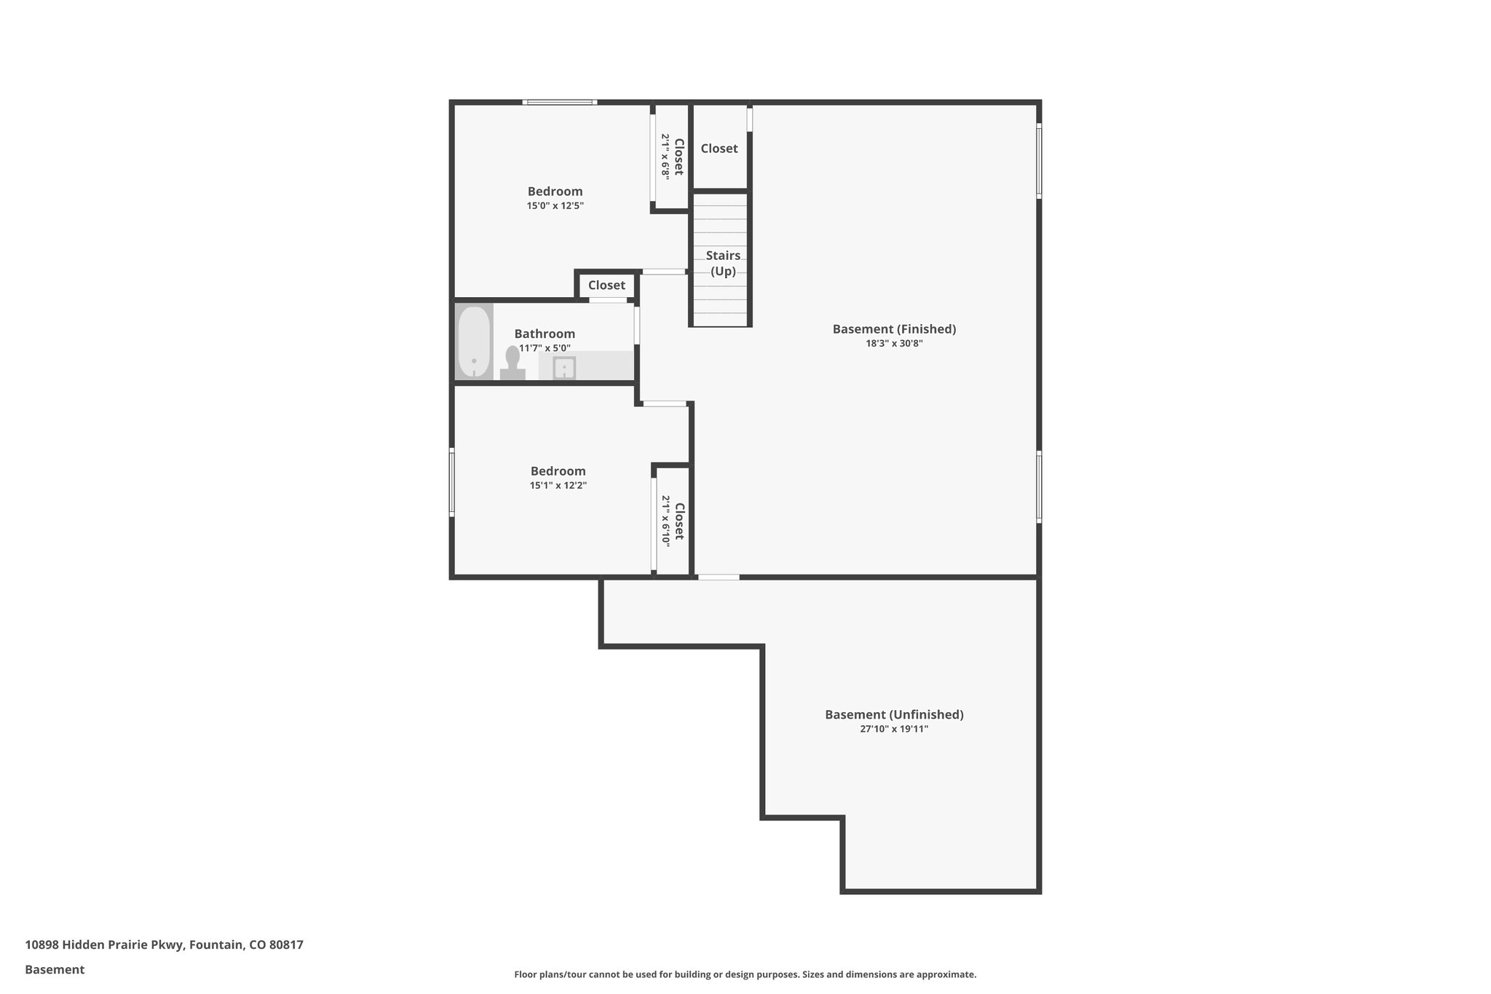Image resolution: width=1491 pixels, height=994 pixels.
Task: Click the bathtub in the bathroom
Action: [474, 342]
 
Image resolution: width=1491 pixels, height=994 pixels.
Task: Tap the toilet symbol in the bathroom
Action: [513, 362]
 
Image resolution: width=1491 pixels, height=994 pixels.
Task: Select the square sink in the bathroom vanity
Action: [564, 368]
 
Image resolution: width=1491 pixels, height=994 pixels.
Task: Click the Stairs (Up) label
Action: [723, 263]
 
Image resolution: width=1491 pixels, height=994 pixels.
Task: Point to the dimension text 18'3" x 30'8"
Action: [894, 344]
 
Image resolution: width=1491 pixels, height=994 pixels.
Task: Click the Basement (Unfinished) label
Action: [894, 714]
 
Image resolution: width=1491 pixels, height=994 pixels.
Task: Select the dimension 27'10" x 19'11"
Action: [894, 729]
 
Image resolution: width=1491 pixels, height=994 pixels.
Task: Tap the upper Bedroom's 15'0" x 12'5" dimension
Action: [555, 206]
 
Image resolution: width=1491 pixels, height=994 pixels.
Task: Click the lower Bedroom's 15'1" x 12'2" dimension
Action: [558, 486]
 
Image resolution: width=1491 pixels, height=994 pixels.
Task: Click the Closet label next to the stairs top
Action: [719, 149]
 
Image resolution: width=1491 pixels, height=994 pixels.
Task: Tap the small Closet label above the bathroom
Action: [606, 285]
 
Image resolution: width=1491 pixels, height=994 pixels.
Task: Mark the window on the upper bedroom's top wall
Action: [560, 102]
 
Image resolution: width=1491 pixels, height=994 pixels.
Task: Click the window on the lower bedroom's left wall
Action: [452, 482]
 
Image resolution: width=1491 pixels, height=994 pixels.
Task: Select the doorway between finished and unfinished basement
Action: [719, 577]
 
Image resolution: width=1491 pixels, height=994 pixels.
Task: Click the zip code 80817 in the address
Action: [286, 944]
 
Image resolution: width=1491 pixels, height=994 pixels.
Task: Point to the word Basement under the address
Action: [55, 969]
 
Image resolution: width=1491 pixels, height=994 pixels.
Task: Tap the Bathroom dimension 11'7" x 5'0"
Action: [545, 349]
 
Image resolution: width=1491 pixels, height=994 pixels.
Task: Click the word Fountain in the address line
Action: [217, 944]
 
